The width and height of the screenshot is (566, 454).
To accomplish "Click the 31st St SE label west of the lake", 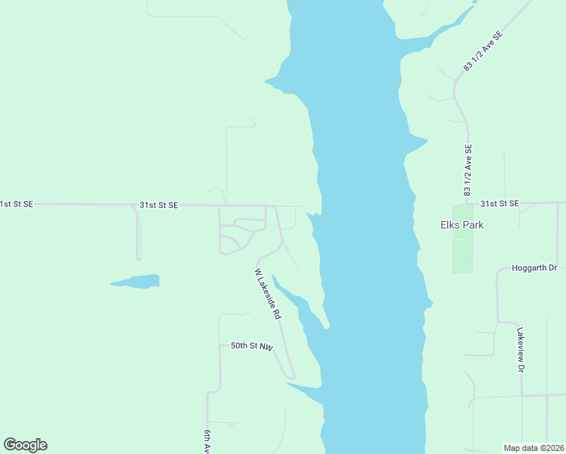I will [x=158, y=205].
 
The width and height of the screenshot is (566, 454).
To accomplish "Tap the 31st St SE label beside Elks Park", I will [x=499, y=204].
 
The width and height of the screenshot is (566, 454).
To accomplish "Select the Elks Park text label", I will [x=462, y=225].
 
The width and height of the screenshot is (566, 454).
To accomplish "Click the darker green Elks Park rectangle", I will [x=462, y=250].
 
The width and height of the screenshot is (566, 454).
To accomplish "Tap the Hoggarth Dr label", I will [x=534, y=268].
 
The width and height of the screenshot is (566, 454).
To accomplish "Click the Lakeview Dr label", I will [x=521, y=350].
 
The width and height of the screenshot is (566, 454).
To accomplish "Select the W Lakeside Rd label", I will [x=268, y=293].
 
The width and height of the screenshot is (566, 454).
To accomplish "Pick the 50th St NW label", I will [x=251, y=346].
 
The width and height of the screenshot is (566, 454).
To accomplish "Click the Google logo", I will [x=26, y=445].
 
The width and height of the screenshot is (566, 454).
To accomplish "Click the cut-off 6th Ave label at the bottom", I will [x=207, y=441].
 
